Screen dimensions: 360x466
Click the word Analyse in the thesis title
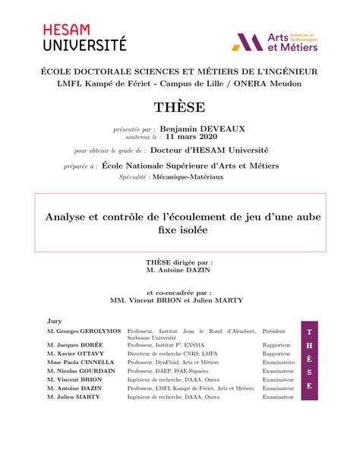tap(66, 217)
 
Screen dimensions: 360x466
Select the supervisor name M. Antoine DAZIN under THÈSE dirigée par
tap(179, 269)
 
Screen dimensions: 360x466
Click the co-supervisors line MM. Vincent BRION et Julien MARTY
tap(179, 300)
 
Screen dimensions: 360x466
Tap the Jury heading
tap(54, 322)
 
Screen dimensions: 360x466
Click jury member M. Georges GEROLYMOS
tap(84, 332)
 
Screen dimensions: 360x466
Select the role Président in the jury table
tap(275, 332)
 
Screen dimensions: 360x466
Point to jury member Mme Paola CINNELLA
tap(80, 363)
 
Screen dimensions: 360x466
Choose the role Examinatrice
tap(279, 363)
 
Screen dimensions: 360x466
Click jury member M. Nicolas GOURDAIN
tap(81, 371)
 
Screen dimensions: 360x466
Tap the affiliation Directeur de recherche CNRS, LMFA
tap(172, 353)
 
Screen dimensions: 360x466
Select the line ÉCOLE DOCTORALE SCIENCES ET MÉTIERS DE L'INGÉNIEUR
tap(179, 71)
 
